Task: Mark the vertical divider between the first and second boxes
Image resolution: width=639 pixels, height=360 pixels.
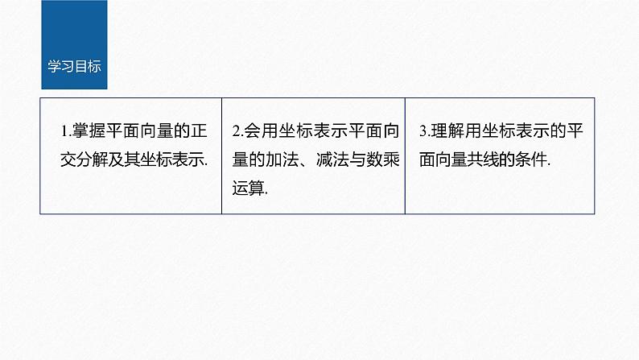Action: [x=222, y=156]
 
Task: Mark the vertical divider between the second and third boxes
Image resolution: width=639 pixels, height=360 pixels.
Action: [x=405, y=156]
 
